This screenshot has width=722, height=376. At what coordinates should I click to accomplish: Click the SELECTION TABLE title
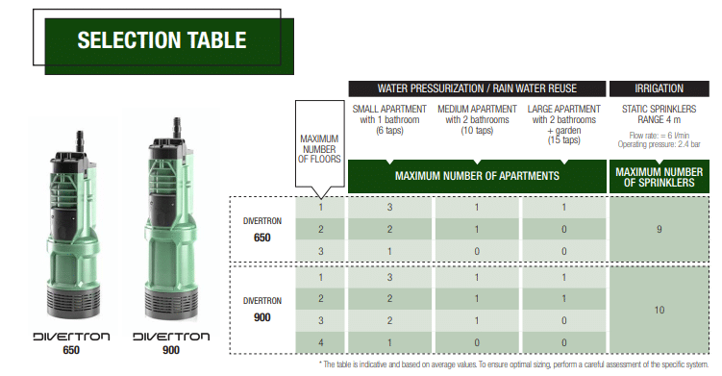[162, 40]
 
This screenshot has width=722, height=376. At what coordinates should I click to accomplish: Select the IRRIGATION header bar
[659, 88]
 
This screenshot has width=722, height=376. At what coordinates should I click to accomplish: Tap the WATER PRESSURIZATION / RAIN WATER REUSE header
[477, 88]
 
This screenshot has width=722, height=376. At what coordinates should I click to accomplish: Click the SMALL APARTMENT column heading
[389, 120]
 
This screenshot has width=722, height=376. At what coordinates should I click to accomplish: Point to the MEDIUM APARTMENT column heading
[477, 120]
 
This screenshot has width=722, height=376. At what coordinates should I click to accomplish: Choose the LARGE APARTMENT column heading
[564, 124]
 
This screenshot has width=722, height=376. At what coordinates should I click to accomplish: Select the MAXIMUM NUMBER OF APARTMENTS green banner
[477, 176]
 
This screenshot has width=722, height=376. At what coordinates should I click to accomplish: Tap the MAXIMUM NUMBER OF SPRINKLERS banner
[659, 177]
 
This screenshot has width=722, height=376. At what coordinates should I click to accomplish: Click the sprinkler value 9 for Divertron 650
[659, 229]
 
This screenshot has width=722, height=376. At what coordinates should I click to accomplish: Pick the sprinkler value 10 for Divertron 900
[659, 310]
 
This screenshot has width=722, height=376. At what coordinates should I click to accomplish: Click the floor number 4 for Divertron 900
[320, 342]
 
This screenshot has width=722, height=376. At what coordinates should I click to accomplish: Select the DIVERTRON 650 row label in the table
[262, 230]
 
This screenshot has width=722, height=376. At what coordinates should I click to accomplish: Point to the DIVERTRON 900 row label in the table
[262, 310]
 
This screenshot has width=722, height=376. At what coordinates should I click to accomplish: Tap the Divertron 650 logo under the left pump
[71, 342]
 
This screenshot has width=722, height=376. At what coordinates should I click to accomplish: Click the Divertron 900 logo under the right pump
[171, 342]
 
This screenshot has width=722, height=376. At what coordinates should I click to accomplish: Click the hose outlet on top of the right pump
[176, 127]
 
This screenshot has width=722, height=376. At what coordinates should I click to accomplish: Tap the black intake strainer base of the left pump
[74, 301]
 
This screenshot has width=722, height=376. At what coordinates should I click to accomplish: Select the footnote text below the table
[513, 364]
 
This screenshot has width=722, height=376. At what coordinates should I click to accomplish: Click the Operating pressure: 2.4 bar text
[659, 144]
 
